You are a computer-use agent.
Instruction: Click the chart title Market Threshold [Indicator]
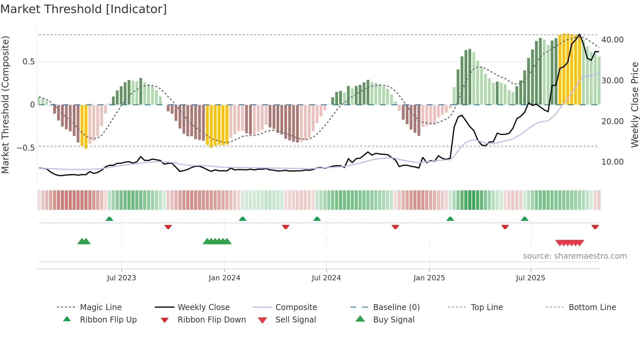click(84, 9)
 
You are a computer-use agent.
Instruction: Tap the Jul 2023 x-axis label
click(121, 278)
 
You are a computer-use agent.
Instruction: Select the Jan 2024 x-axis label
click(224, 278)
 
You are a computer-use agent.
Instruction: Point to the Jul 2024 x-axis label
click(326, 278)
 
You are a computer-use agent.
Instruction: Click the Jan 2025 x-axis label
click(429, 278)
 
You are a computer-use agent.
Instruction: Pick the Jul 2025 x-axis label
click(530, 278)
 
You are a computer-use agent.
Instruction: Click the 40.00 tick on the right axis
click(612, 40)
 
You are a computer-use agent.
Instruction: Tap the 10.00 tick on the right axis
click(612, 162)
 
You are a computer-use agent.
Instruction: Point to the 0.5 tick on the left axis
click(28, 62)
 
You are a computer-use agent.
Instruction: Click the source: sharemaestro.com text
click(575, 256)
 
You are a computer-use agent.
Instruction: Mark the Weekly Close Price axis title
click(634, 105)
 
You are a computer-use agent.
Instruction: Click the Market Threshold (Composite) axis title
click(5, 105)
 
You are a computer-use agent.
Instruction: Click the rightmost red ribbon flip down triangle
click(595, 227)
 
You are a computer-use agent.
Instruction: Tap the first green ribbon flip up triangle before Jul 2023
click(109, 219)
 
